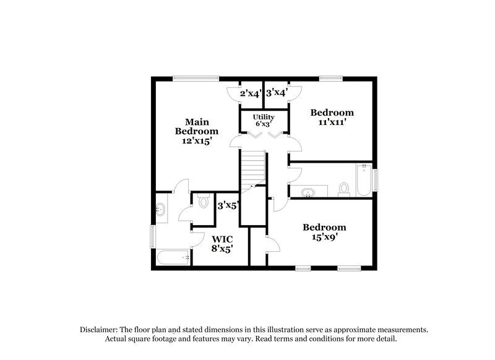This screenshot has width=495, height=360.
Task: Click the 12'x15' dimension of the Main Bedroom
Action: pyautogui.click(x=196, y=141)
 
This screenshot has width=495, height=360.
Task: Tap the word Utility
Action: pyautogui.click(x=263, y=117)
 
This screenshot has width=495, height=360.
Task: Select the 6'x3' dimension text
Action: pyautogui.click(x=263, y=124)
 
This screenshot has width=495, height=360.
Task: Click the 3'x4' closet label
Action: pyautogui.click(x=277, y=93)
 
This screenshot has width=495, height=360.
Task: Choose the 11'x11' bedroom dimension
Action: pyautogui.click(x=332, y=122)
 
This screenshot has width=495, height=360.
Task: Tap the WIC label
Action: pyautogui.click(x=223, y=239)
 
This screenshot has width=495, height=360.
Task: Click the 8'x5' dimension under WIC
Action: pyautogui.click(x=223, y=249)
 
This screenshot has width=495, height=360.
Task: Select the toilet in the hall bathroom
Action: pyautogui.click(x=345, y=188)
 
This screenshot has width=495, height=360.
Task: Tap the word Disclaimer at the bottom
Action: pyautogui.click(x=99, y=330)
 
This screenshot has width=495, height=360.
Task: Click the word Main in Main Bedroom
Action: pyautogui.click(x=196, y=121)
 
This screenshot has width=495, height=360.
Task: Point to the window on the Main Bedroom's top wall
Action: pyautogui.click(x=196, y=77)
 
